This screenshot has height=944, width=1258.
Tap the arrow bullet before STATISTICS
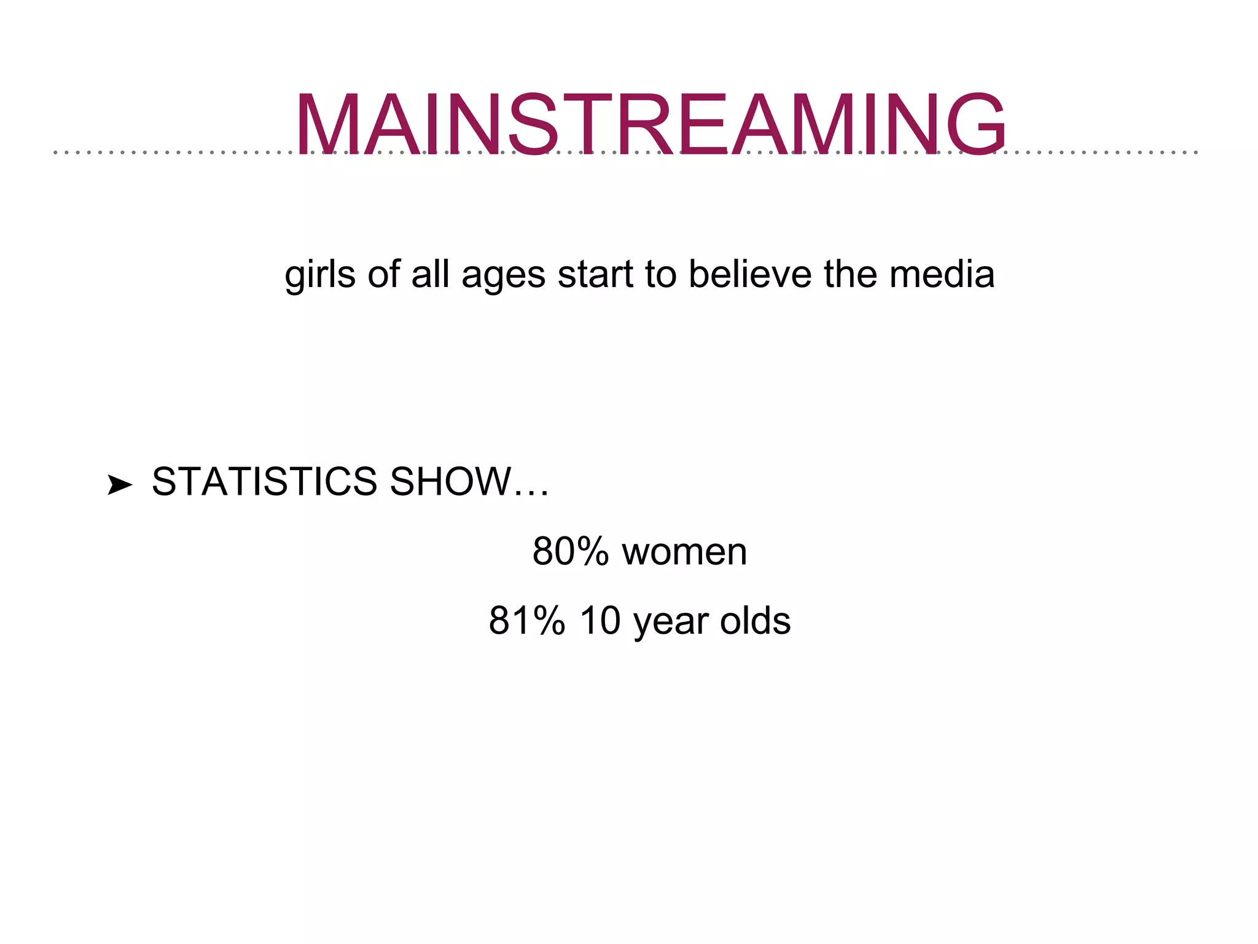[x=119, y=485]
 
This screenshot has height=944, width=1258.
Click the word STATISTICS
[x=264, y=481]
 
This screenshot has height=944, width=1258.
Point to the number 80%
[x=570, y=551]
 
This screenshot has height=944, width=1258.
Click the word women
[x=684, y=551]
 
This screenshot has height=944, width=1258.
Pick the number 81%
[x=526, y=621]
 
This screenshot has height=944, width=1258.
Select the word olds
[x=755, y=621]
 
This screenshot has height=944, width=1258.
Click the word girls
[x=320, y=275]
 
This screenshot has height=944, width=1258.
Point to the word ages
[x=503, y=276]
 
